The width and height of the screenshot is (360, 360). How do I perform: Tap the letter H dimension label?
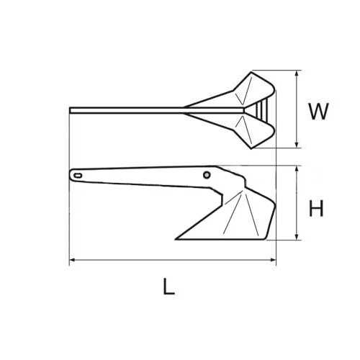316,209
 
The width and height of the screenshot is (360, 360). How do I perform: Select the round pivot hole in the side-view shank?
207,174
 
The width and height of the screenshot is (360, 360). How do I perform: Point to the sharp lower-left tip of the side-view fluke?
175,237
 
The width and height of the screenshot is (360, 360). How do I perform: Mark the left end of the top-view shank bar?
71,110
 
